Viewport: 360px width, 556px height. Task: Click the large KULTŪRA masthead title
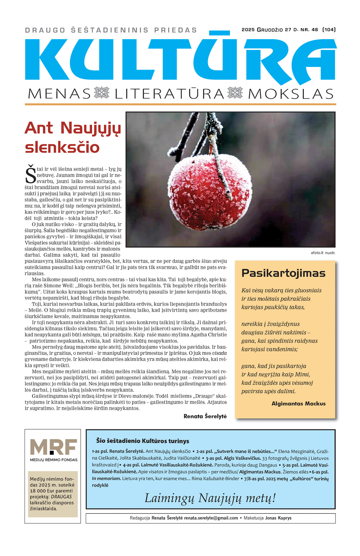(180, 59)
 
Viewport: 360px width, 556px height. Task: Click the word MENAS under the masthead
(59, 94)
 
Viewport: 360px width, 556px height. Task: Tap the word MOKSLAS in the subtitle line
(291, 94)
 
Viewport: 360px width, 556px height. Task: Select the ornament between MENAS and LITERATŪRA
(102, 93)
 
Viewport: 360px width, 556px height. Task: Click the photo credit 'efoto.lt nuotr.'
(323, 253)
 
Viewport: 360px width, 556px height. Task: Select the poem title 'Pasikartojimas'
(283, 273)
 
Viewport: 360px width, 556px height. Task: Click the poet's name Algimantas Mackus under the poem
(298, 403)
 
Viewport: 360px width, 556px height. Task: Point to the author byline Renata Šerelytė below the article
(205, 416)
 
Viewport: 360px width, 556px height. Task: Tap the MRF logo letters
(53, 447)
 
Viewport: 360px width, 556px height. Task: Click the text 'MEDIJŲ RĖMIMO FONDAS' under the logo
(53, 460)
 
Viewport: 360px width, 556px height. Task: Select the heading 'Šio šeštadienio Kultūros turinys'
(143, 441)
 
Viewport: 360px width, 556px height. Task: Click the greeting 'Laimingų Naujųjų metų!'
(210, 498)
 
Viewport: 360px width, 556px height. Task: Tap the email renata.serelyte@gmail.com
(211, 518)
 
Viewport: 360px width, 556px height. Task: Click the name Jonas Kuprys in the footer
(278, 518)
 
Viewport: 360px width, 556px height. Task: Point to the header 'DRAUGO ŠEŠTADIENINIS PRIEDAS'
(111, 30)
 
